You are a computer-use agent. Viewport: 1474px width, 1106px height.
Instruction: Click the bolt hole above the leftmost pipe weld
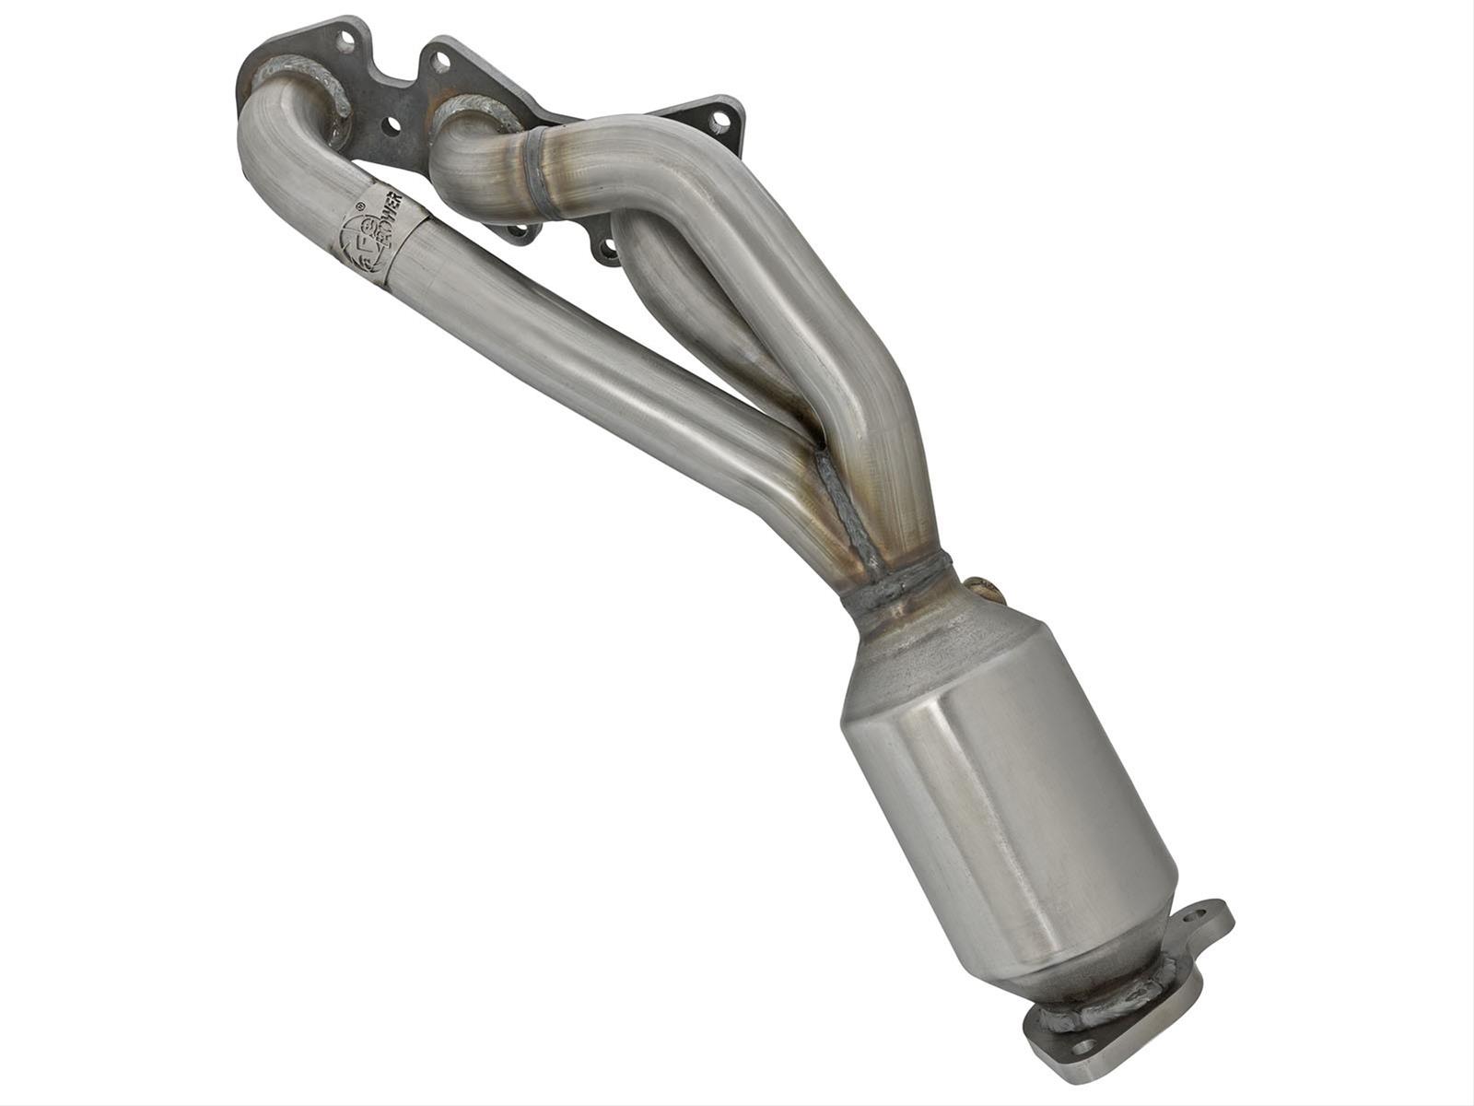(x=346, y=41)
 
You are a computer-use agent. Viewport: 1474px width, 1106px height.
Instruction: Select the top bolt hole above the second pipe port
(x=441, y=62)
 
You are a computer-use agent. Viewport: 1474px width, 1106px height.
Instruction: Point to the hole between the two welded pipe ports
(x=393, y=122)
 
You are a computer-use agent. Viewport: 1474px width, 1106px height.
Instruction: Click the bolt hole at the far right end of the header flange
(x=721, y=119)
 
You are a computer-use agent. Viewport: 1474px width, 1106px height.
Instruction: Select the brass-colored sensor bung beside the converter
(x=978, y=586)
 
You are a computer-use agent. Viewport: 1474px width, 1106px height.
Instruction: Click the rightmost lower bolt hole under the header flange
(x=609, y=250)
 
